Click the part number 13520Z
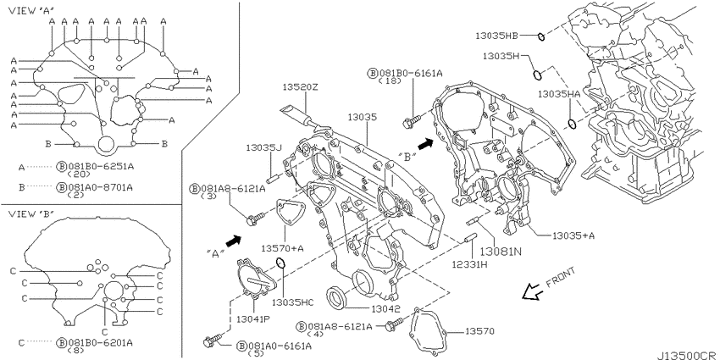(x=300, y=87)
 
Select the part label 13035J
(x=263, y=147)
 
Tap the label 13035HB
(x=496, y=35)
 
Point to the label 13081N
(x=501, y=252)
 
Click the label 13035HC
(x=292, y=302)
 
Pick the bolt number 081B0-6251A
(x=100, y=167)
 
